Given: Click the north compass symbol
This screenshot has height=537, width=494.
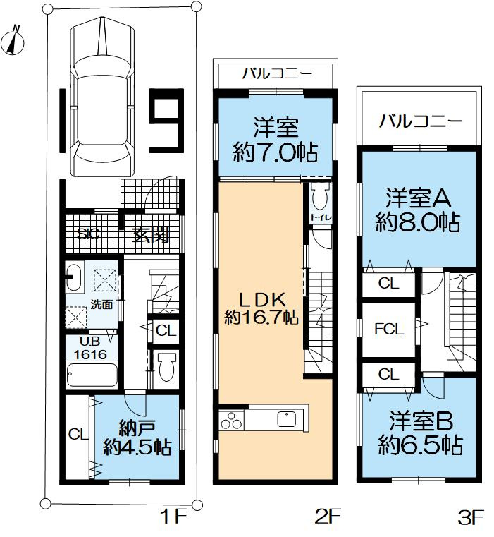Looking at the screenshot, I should [14, 42].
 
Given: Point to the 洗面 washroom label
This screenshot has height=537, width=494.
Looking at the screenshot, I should [101, 305].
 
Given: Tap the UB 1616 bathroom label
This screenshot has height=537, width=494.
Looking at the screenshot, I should [87, 349].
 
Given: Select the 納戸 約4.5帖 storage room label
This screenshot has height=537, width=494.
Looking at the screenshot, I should [137, 437].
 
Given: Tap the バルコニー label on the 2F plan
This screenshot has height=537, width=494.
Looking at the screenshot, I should [273, 73].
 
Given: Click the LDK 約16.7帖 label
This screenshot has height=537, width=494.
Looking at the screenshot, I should [261, 307].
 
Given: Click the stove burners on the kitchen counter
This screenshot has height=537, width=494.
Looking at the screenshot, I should [231, 419].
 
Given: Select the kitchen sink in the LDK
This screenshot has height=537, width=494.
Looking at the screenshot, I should [288, 418].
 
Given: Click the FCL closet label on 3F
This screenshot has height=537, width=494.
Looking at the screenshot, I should [388, 329].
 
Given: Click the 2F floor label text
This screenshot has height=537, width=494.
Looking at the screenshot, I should [328, 518].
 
